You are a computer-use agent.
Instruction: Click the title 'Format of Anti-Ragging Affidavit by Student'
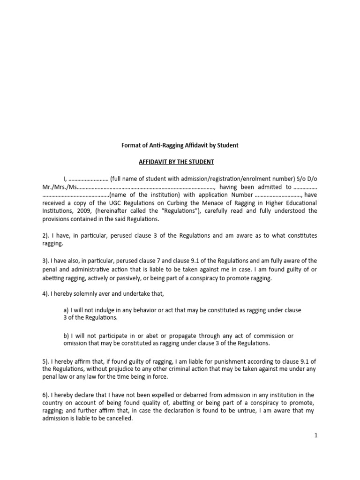[x=180, y=145]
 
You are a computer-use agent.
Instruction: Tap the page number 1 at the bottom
[x=316, y=435]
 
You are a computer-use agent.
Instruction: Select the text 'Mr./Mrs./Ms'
[x=58, y=186]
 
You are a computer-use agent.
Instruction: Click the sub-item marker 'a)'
[x=66, y=310]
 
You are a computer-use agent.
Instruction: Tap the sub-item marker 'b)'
[x=66, y=336]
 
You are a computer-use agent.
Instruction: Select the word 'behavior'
[x=134, y=310]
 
